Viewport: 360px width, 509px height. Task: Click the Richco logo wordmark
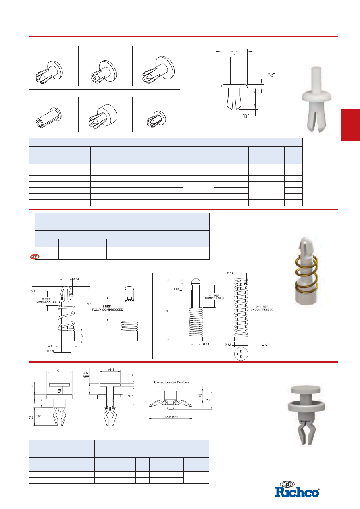pos(297,492)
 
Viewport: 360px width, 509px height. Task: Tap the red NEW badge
pos(35,257)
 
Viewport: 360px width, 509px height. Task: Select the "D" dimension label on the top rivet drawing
pos(234,54)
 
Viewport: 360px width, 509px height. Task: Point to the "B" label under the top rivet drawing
pos(246,116)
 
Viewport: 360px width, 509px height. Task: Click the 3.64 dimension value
pos(76,279)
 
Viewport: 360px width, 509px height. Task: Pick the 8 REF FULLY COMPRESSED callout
pos(108,308)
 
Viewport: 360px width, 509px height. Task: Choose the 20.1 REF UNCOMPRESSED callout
pos(262,308)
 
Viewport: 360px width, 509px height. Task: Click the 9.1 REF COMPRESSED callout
pos(214,297)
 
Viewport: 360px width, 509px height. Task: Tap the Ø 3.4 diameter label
pos(206,344)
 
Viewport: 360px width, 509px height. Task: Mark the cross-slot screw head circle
pos(241,354)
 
